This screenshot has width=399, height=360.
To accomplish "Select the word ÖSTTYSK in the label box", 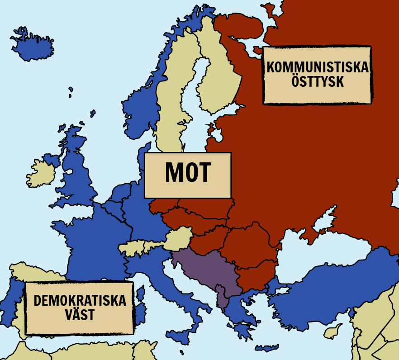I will pyautogui.click(x=318, y=82).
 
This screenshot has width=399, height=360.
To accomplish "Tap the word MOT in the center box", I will pyautogui.click(x=188, y=173).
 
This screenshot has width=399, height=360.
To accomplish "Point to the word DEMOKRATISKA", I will pyautogui.click(x=80, y=300).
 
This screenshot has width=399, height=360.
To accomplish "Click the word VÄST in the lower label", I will pyautogui.click(x=80, y=315).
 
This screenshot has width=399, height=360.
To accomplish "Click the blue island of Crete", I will pyautogui.click(x=267, y=348).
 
